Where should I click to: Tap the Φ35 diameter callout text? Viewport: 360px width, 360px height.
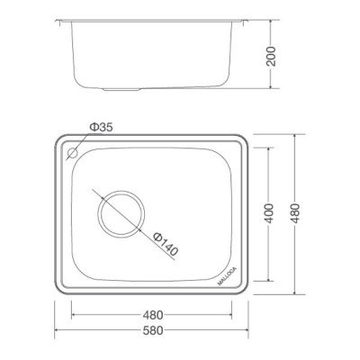[100, 128]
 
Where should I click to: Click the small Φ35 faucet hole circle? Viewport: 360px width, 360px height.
[74, 153]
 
